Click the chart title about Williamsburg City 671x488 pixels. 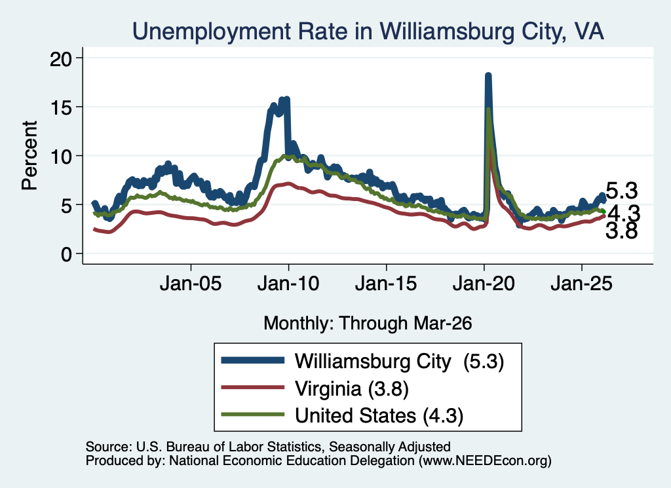368,31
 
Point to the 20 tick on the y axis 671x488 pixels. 61,58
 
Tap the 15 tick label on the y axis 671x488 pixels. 61,107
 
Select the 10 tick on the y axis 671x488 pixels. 61,156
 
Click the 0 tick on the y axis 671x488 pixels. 67,254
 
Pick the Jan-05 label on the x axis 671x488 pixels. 191,284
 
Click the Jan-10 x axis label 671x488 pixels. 288,284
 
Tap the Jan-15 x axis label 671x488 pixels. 386,284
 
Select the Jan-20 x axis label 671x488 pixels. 484,284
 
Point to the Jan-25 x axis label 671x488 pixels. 582,284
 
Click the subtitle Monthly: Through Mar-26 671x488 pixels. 368,324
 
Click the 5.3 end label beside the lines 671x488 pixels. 622,191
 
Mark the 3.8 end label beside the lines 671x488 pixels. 622,231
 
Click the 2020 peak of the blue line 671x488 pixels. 488,76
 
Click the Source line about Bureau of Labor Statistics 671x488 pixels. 268,447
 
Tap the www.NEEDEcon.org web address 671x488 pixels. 486,460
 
